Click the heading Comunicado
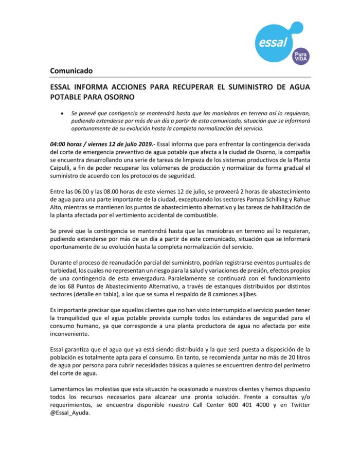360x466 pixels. coord(71,70)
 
